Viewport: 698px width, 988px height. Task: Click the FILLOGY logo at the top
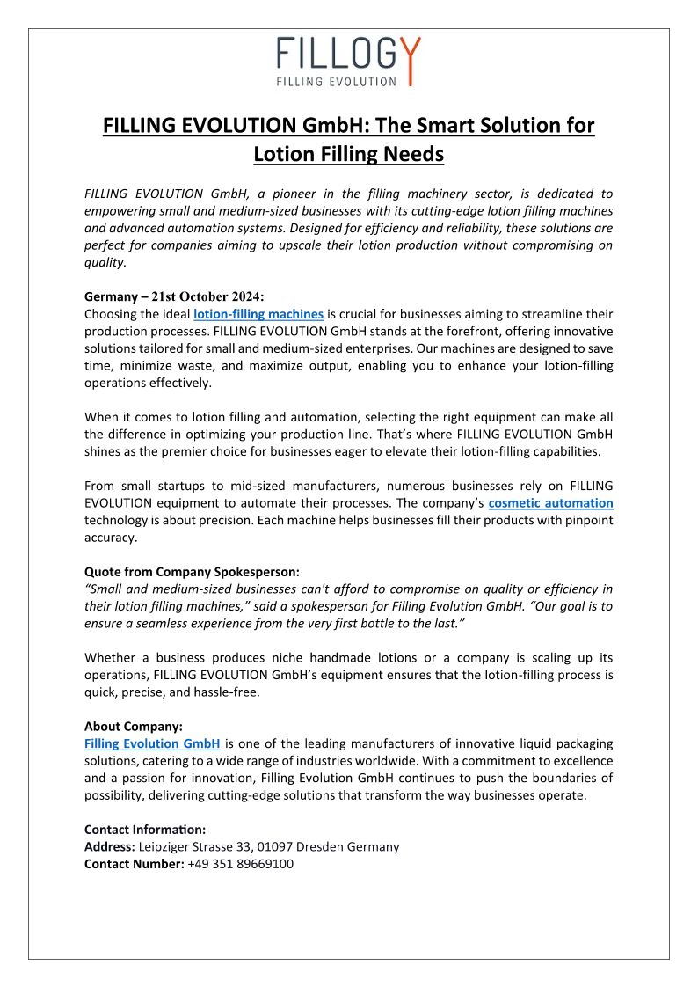pos(348,61)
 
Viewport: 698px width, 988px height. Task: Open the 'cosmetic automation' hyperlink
pos(550,503)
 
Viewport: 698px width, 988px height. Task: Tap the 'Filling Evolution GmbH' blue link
pos(152,743)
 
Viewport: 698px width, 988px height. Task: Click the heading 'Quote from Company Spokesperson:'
pos(191,571)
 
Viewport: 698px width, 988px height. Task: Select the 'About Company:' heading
pos(134,727)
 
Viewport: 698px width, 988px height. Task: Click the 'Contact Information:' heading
pos(145,830)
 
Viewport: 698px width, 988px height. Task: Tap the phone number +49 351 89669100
pos(240,864)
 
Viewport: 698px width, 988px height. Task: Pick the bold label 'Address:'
pos(110,846)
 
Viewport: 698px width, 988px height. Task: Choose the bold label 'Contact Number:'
pos(134,864)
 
